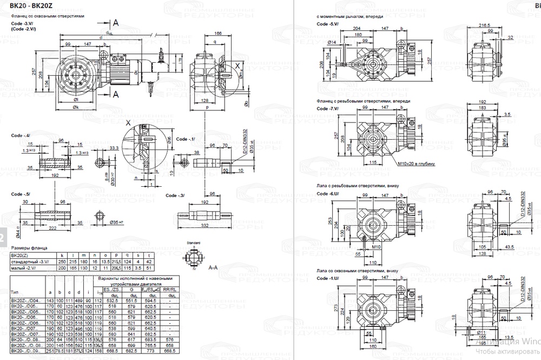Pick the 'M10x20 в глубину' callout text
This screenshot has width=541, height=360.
click(x=417, y=163)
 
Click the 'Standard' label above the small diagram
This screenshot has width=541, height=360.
click(x=193, y=243)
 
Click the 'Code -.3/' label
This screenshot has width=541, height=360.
click(x=175, y=195)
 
